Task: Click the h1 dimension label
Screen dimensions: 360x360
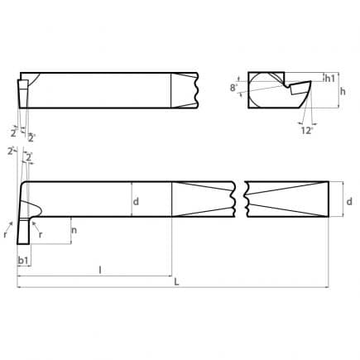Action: click(329, 79)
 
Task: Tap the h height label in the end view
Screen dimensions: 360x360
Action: click(343, 91)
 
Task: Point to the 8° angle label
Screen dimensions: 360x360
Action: click(233, 88)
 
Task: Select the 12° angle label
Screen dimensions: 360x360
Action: click(307, 131)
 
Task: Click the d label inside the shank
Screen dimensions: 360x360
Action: click(136, 202)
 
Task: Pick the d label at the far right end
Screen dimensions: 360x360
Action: click(349, 201)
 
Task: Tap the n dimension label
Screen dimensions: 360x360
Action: click(74, 230)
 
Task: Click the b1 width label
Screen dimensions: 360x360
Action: click(23, 260)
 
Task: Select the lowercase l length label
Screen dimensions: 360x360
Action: click(100, 270)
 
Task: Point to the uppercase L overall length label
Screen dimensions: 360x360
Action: click(176, 282)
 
